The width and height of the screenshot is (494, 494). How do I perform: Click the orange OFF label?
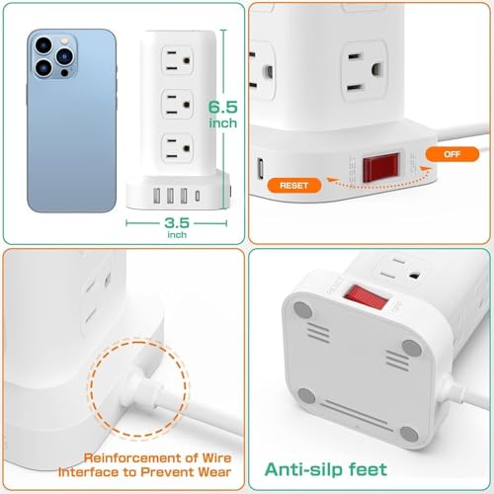[453, 154]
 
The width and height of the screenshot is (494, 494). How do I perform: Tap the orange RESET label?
[294, 186]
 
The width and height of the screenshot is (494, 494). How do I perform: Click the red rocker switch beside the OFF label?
[381, 167]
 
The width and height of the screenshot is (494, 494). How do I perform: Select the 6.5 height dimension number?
[223, 107]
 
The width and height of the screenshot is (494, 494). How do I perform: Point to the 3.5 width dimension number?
[177, 223]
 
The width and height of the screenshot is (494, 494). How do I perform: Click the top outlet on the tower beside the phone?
[177, 60]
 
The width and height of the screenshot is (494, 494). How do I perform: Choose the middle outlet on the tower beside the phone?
[177, 105]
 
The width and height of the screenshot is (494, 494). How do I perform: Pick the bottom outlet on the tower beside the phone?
[177, 148]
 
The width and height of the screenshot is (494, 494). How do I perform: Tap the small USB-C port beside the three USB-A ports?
[198, 196]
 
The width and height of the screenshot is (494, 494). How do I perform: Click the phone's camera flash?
[64, 41]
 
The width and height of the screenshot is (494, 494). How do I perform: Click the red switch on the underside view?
[366, 296]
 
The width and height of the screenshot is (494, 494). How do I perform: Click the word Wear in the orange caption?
[214, 472]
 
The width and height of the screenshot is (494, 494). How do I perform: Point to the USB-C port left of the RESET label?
[261, 169]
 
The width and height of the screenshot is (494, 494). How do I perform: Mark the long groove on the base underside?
[357, 416]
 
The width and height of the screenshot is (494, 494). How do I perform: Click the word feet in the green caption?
[368, 469]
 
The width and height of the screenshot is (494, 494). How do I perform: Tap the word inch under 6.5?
[223, 123]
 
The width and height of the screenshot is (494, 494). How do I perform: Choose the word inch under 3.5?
[177, 234]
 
